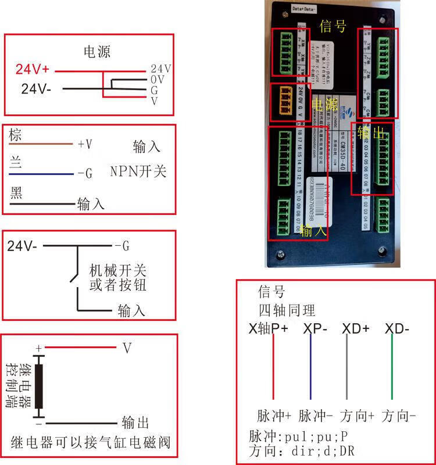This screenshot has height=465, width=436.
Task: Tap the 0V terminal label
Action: [x=158, y=79]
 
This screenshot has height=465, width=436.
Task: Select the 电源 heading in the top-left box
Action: [x=97, y=52]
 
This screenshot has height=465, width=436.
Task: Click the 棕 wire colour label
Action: [x=16, y=135]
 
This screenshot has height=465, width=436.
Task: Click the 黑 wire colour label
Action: [x=16, y=193]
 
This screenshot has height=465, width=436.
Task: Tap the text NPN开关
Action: [x=138, y=171]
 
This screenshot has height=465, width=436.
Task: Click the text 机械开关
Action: [x=117, y=270]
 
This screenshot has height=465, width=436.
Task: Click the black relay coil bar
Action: [x=39, y=386]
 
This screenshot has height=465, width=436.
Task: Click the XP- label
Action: [x=315, y=328]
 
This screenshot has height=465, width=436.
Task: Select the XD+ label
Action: [x=356, y=328]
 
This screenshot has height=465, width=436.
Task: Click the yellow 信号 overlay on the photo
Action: [x=333, y=26]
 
